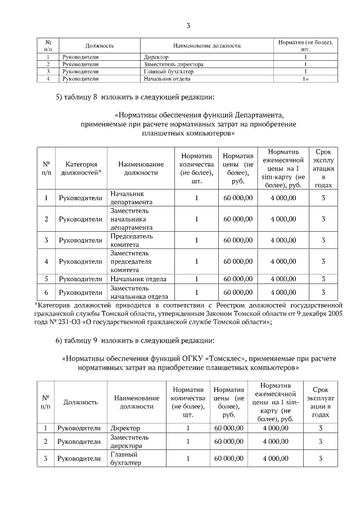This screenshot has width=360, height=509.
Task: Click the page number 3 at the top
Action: pos(188,25)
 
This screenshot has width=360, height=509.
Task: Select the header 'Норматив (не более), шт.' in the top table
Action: pos(305,46)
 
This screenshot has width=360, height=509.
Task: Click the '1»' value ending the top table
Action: pos(305,79)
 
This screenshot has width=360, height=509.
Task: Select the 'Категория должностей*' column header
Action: pos(80,169)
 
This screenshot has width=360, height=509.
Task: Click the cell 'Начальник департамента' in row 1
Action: pos(130,198)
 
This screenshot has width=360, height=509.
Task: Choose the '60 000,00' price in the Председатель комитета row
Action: pos(238,241)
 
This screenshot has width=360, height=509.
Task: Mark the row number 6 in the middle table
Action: pos(46,292)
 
